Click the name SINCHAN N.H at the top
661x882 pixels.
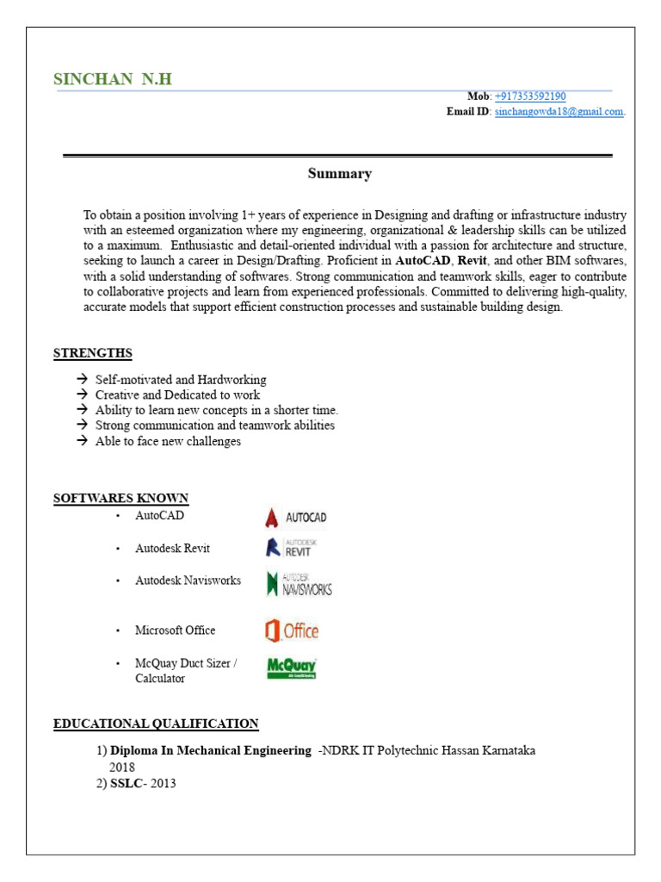coord(113,79)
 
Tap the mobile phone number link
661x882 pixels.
coord(530,96)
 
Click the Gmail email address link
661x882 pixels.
coord(559,112)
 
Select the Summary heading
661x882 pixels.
coord(340,174)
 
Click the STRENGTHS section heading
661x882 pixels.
coord(93,353)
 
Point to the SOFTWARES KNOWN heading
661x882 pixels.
coord(120,499)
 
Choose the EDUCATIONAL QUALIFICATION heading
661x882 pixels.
coord(156,724)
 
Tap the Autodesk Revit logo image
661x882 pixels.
coord(290,548)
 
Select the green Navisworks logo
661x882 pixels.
coord(299,584)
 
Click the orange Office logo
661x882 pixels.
coord(292,630)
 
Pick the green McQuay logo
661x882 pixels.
coord(292,668)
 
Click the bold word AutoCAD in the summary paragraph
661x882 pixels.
coord(423,260)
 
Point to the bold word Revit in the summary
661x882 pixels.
coord(473,260)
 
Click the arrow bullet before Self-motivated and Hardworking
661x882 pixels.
coord(82,380)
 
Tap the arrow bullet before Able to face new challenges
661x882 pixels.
coord(82,441)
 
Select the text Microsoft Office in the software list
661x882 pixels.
coord(175,630)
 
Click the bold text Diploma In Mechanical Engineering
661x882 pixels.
coord(211,751)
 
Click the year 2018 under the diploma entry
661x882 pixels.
coord(122,767)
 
